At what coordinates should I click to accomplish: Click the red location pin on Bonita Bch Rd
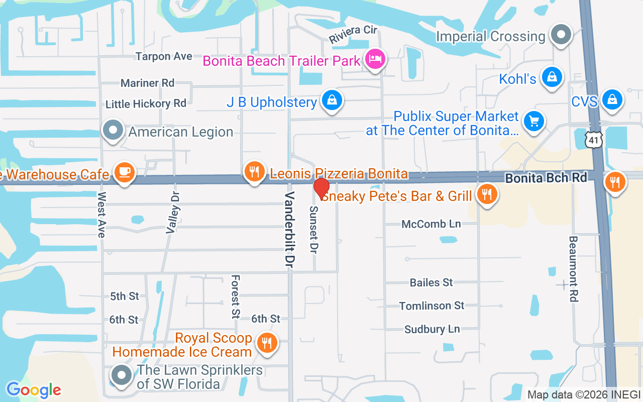[x=321, y=188]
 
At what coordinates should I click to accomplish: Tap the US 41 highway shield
[x=593, y=140]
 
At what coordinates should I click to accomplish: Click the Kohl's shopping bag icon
[x=552, y=77]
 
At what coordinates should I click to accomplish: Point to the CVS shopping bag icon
[x=612, y=99]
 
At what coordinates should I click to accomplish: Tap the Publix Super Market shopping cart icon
[x=533, y=121]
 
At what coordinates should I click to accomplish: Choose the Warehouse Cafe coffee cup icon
[x=124, y=172]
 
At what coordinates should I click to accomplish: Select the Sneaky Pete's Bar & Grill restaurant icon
[x=486, y=194]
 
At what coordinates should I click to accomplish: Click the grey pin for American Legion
[x=113, y=130]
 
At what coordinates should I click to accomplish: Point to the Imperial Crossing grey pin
[x=561, y=35]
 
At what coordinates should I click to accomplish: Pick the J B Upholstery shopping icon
[x=332, y=99]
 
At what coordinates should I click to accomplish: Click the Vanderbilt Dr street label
[x=289, y=229]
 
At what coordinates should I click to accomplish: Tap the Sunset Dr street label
[x=314, y=229]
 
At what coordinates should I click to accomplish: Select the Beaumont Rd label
[x=573, y=269]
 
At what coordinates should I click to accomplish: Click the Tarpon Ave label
[x=164, y=56]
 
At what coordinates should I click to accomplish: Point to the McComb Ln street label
[x=431, y=224]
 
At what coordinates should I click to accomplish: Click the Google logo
[x=34, y=389]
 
